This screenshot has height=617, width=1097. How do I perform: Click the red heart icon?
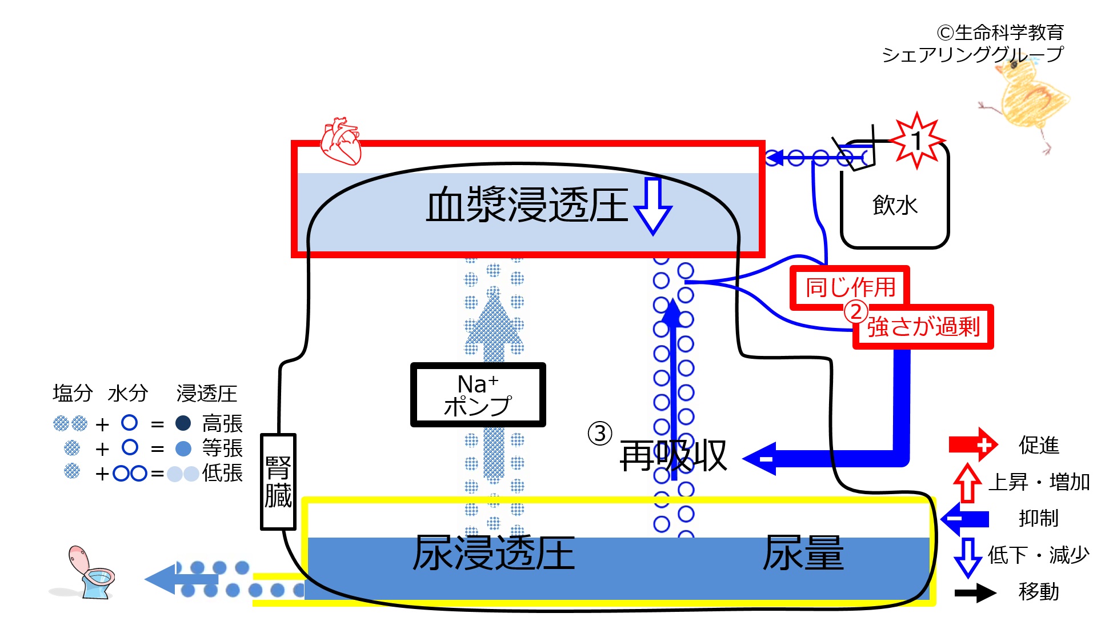341,141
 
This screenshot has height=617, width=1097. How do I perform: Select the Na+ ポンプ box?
478,395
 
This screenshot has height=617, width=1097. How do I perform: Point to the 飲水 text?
895,205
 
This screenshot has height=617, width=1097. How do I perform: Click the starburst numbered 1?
918,141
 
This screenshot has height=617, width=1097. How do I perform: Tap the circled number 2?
856,312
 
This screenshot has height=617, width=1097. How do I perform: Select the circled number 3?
600,433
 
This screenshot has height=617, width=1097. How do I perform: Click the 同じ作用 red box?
850,287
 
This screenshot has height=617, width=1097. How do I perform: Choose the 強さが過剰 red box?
923,327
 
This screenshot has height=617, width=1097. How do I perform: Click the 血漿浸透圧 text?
527,205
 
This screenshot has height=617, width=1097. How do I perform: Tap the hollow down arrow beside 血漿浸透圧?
653,206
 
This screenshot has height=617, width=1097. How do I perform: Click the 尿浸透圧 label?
494,553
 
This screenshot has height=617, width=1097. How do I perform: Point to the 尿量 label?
803,553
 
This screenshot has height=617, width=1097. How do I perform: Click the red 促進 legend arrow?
973,444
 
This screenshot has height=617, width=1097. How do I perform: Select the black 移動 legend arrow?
975,592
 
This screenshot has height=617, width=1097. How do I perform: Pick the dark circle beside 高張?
183,423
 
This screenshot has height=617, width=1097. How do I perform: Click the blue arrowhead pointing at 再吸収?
760,458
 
